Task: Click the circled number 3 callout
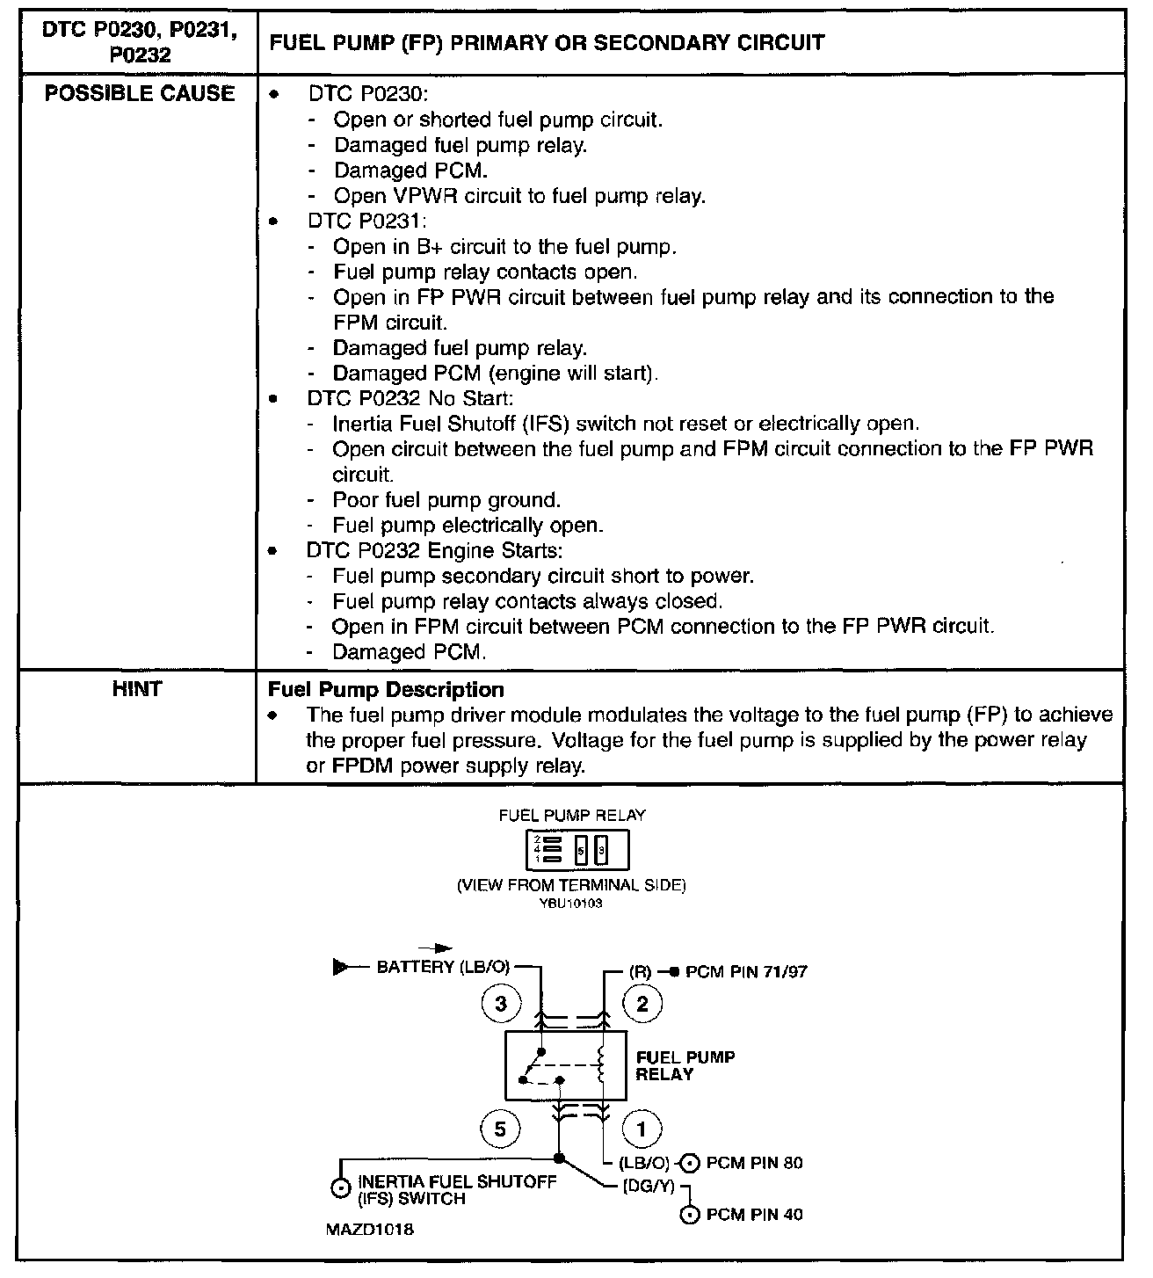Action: tap(501, 1004)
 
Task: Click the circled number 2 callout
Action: tap(642, 1004)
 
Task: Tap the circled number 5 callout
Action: tap(501, 1129)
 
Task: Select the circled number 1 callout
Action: tap(642, 1129)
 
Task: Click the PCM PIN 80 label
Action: tap(754, 1163)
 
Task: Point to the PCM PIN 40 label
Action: tap(754, 1215)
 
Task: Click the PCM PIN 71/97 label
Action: tap(746, 971)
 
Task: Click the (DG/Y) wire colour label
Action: tap(648, 1186)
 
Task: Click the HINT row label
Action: tap(137, 689)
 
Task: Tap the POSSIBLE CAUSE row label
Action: tap(140, 94)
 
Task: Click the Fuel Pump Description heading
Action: tap(386, 690)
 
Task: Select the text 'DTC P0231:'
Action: tap(366, 221)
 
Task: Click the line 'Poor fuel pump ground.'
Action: tap(446, 500)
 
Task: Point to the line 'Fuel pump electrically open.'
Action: tap(468, 526)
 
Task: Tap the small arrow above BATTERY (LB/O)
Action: tap(436, 948)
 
